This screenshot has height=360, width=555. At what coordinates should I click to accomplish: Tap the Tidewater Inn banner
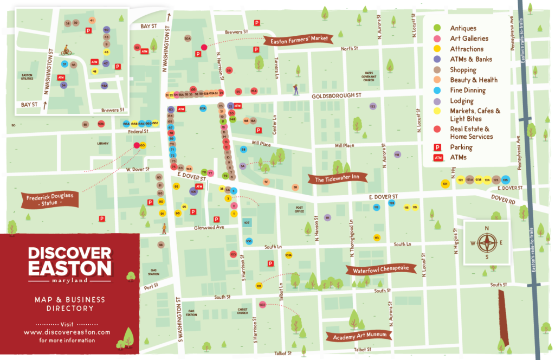pos(338,178)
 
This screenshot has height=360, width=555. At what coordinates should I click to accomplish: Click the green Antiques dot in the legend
pos(437,28)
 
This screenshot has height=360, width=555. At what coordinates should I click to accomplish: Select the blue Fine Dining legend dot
pos(437,91)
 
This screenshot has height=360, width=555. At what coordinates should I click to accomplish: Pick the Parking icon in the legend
pos(437,147)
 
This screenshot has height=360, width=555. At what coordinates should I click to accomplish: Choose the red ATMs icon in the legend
pos(437,158)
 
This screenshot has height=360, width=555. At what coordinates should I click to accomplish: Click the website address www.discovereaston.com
pos(67,332)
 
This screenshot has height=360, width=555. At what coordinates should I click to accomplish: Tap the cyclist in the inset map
pos(66,50)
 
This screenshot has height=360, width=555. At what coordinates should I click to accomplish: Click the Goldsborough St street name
pos(336,95)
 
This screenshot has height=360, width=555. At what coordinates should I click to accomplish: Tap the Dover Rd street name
pos(503,200)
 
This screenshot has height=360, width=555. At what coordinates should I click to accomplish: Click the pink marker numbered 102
pos(262,305)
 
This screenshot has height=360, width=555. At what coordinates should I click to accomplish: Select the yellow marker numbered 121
pos(445,184)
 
